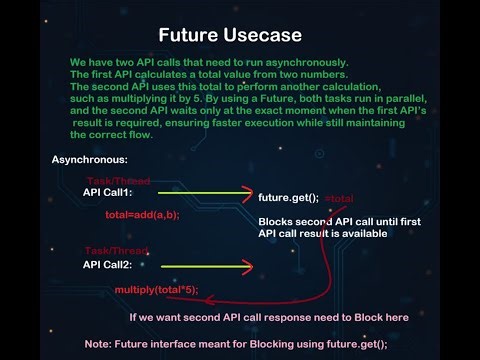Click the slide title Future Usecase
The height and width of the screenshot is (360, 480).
[x=239, y=35]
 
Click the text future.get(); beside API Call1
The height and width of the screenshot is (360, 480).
[x=288, y=198]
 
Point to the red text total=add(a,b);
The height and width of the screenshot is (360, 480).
[x=143, y=215]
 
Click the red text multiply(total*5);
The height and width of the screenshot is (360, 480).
[x=157, y=289]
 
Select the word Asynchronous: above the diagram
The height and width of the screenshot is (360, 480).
[x=89, y=160]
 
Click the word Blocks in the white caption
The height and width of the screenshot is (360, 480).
[x=276, y=221]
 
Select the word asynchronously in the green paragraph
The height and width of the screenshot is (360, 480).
[x=258, y=62]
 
